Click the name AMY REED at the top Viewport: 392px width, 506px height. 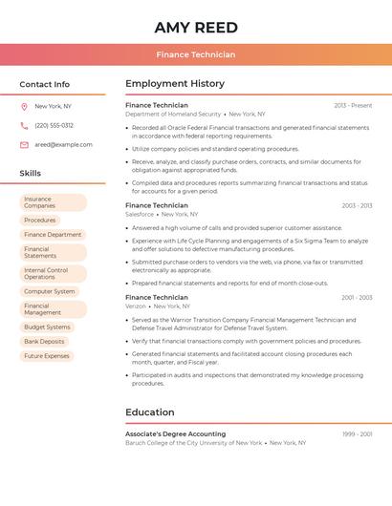(195, 27)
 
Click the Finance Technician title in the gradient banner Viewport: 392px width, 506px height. (195, 54)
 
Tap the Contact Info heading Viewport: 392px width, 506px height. (44, 84)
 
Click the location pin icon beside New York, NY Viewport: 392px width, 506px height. (24, 106)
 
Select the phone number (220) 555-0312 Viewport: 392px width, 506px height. (54, 125)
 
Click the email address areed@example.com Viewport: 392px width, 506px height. (63, 145)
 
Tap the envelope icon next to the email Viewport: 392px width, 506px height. (24, 145)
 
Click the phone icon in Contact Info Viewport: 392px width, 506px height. (24, 125)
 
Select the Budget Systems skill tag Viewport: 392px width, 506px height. (47, 327)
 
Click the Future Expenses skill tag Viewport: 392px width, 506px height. (47, 356)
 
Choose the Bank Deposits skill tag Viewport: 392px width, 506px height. (45, 341)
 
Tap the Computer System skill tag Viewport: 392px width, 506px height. (50, 291)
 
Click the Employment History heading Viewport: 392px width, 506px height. (175, 84)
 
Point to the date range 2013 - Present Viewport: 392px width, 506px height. (353, 105)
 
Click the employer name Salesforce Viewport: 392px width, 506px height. (140, 214)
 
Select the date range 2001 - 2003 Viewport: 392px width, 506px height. (356, 298)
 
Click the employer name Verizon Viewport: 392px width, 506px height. (136, 306)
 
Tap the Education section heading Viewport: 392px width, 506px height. (150, 412)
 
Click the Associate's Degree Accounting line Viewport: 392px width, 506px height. (175, 433)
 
